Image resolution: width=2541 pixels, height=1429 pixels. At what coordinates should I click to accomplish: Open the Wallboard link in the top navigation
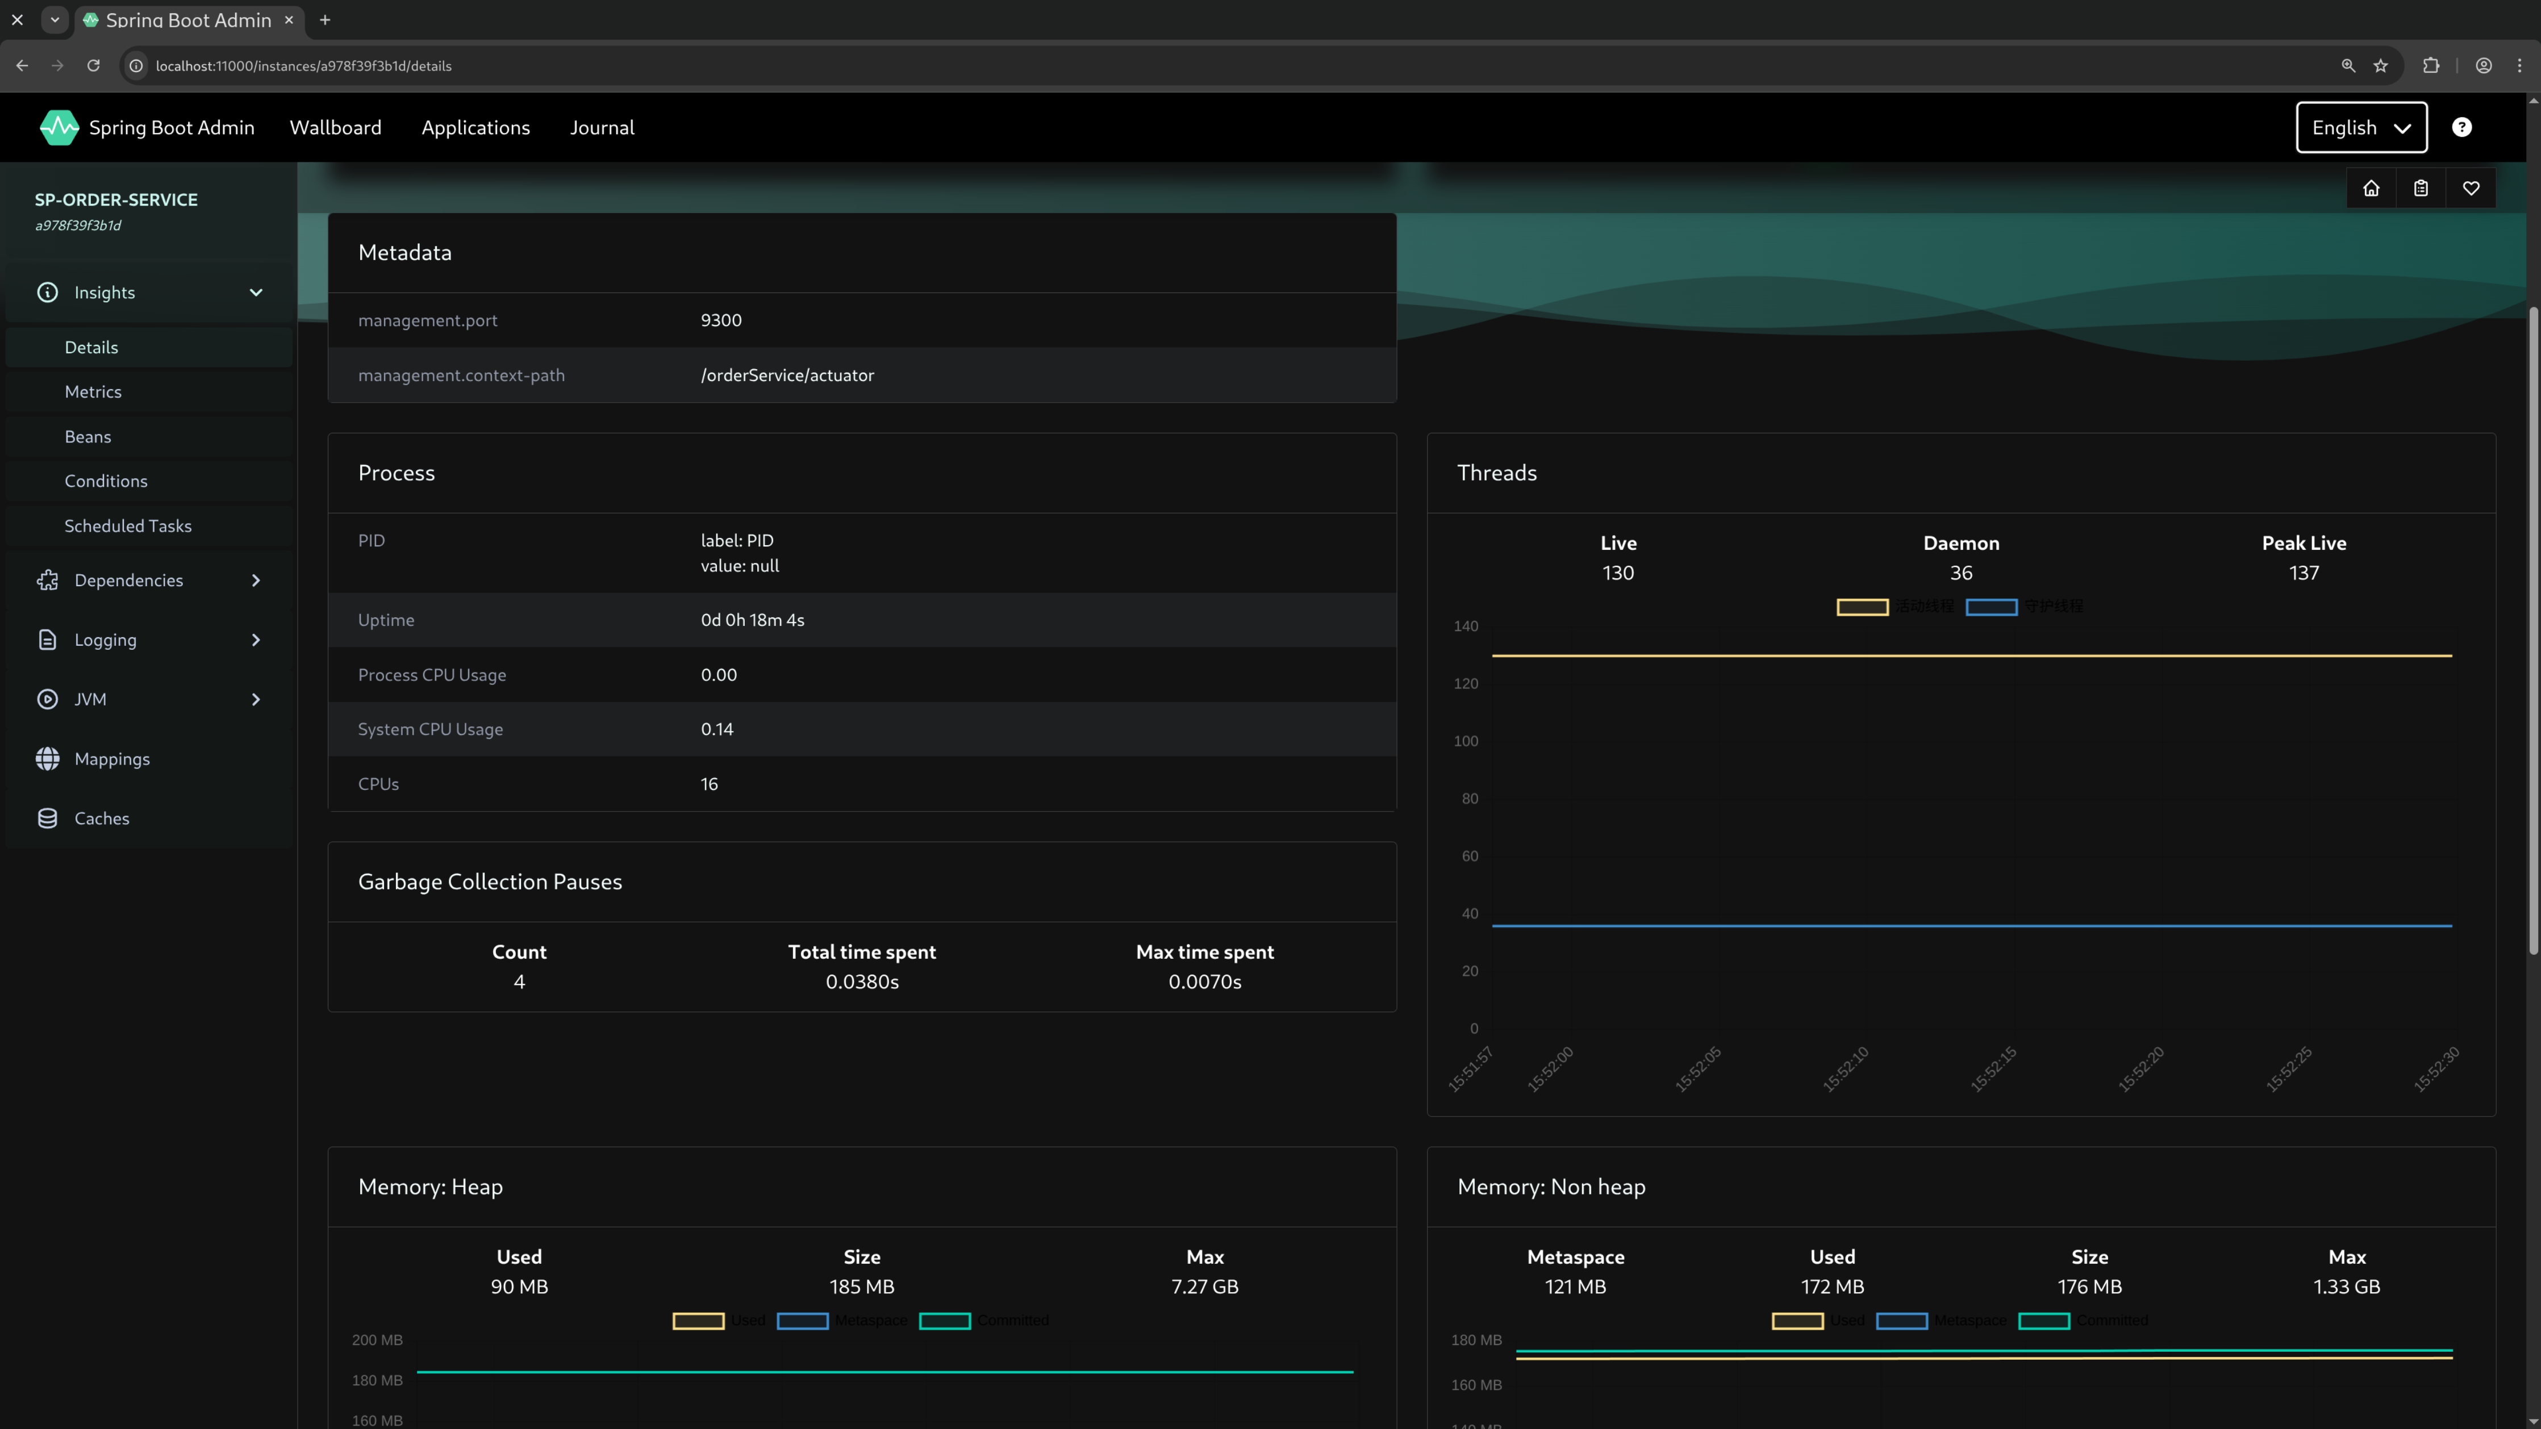(335, 127)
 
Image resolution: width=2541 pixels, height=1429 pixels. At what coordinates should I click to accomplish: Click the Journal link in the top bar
(602, 127)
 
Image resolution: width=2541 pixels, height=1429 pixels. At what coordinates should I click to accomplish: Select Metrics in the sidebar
(93, 391)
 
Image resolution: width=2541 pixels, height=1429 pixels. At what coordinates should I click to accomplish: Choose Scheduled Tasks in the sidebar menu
(128, 525)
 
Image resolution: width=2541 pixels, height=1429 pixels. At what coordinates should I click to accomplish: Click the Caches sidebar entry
(102, 818)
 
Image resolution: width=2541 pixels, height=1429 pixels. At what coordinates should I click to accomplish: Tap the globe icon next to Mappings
(47, 758)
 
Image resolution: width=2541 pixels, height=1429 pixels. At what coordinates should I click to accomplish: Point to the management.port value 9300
(721, 320)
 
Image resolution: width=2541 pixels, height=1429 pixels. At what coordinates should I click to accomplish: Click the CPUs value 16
(709, 784)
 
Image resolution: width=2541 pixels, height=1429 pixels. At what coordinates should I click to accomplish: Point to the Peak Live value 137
(2304, 573)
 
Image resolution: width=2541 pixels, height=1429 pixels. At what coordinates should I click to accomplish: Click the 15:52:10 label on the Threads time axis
(1845, 1069)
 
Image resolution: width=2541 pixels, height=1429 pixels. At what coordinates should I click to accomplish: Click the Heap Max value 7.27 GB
(1204, 1287)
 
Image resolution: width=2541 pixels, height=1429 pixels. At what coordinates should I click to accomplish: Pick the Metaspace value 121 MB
(1575, 1287)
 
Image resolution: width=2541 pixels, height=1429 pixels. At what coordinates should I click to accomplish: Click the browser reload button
(94, 66)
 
